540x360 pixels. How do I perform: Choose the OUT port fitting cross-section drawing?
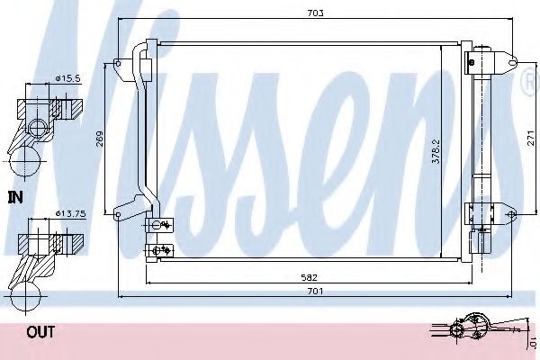pyautogui.click(x=36, y=261)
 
